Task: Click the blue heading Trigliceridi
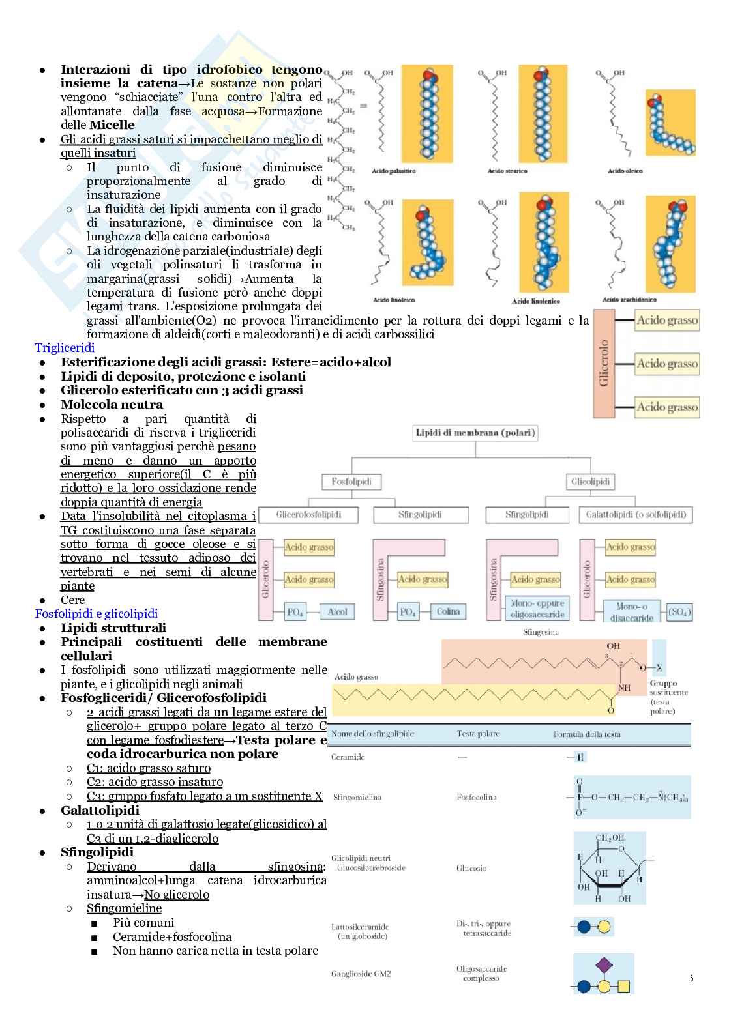(x=65, y=348)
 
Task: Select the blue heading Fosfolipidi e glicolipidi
(x=96, y=613)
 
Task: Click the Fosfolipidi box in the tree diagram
(x=351, y=482)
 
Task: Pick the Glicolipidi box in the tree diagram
(x=590, y=482)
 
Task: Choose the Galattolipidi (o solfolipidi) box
(x=636, y=514)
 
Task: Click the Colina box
(x=448, y=611)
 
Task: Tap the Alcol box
(x=337, y=611)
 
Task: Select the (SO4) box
(x=679, y=612)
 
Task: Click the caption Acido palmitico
(x=393, y=171)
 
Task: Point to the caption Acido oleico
(x=625, y=171)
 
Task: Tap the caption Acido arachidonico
(x=629, y=300)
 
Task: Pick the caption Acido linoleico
(x=394, y=300)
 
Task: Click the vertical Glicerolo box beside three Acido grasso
(x=604, y=364)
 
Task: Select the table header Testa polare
(x=478, y=734)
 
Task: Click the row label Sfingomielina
(x=357, y=797)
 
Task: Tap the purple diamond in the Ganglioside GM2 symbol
(x=604, y=963)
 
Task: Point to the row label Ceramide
(x=348, y=757)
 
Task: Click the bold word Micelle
(x=112, y=125)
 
